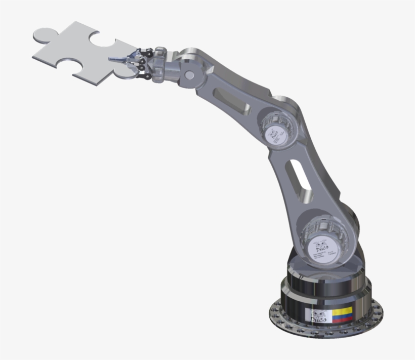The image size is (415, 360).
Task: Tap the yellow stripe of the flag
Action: coord(342,310)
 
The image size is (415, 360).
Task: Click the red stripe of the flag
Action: coord(342,319)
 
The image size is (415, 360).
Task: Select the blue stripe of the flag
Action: coord(342,315)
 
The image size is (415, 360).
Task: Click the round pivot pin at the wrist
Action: coord(189,75)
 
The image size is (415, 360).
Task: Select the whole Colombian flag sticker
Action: coord(342,314)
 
